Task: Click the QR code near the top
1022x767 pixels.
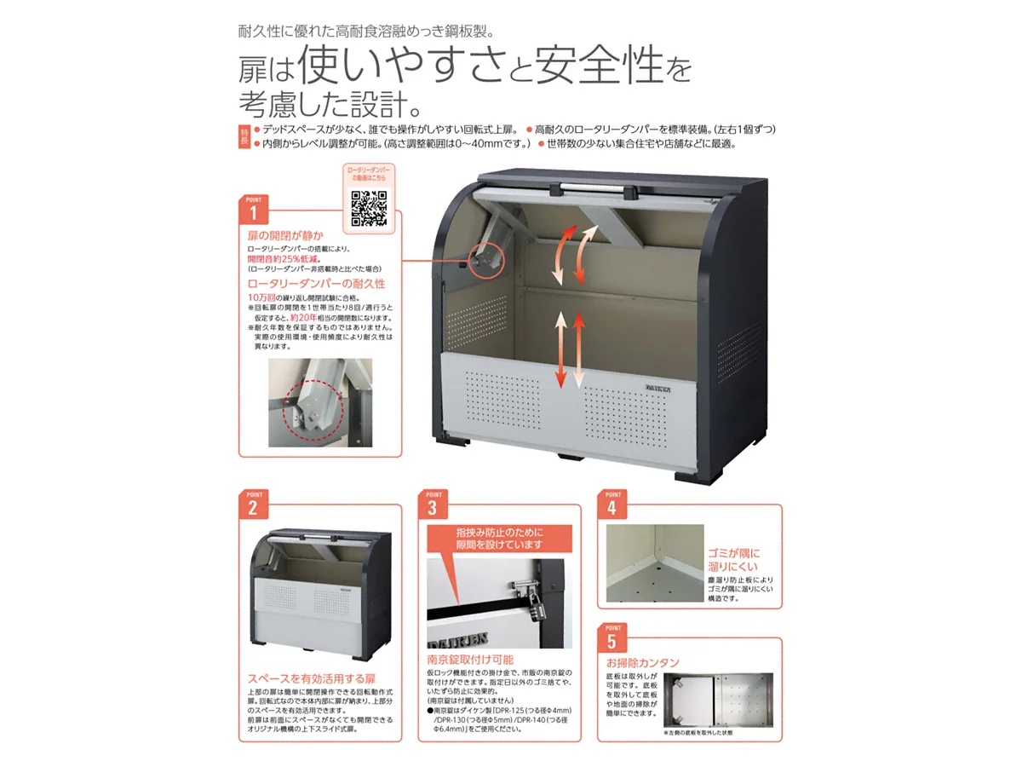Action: [x=370, y=205]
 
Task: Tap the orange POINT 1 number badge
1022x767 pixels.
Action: [x=253, y=210]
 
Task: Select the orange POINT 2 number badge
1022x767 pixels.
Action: [x=253, y=508]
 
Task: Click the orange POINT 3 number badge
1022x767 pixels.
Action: [x=432, y=508]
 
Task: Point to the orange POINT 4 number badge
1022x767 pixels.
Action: [x=611, y=508]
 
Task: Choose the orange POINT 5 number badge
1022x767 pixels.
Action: [x=611, y=640]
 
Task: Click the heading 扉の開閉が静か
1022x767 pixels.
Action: [x=284, y=234]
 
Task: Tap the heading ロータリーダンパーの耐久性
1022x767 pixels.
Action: [x=316, y=282]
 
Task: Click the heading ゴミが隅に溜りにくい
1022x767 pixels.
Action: [x=732, y=559]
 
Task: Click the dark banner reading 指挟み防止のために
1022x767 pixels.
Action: [x=499, y=538]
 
